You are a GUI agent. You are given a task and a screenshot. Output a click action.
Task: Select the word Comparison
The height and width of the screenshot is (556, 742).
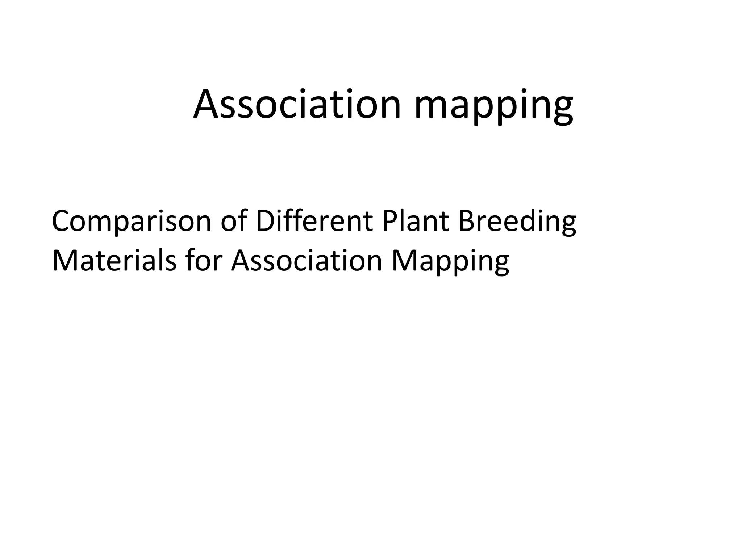pyautogui.click(x=132, y=222)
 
